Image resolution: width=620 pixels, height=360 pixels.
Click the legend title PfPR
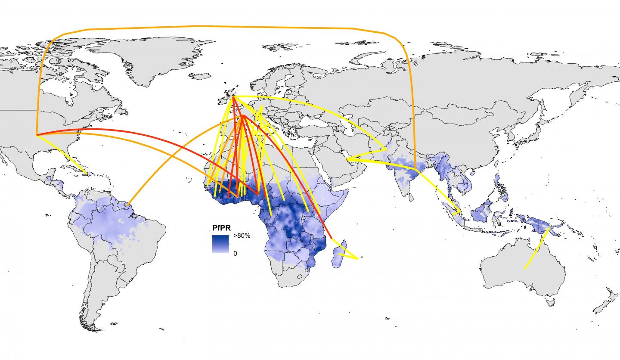(220, 228)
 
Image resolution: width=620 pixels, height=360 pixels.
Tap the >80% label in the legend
(242, 236)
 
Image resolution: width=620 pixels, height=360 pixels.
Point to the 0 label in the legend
(235, 253)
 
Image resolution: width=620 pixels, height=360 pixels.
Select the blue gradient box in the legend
(220, 244)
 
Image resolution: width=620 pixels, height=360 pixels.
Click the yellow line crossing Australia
(536, 250)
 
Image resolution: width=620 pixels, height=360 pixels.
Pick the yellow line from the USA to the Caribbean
(62, 155)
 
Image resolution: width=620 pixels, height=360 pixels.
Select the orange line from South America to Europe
(172, 159)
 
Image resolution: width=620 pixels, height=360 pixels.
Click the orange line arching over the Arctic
(215, 27)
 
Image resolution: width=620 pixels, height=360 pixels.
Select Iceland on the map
(199, 76)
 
